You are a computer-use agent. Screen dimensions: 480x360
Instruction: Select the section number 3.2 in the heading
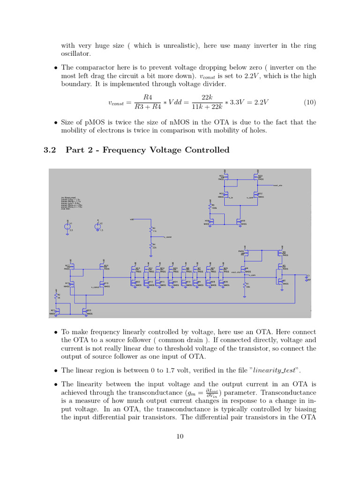pyautogui.click(x=50, y=150)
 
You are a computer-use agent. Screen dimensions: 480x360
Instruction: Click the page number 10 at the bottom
pyautogui.click(x=180, y=436)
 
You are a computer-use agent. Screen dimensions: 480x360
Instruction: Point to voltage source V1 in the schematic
pyautogui.click(x=67, y=226)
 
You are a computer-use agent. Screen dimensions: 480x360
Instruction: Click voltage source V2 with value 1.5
pyautogui.click(x=97, y=226)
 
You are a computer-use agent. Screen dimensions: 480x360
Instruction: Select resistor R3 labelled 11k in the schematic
pyautogui.click(x=151, y=229)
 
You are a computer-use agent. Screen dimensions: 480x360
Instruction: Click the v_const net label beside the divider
pyautogui.click(x=167, y=237)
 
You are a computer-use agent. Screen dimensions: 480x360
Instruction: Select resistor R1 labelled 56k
pyautogui.click(x=245, y=285)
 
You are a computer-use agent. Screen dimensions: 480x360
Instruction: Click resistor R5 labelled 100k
pyautogui.click(x=211, y=206)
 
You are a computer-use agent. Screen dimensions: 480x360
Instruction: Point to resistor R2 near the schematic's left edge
pyautogui.click(x=56, y=296)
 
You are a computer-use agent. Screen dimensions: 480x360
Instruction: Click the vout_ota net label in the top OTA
pyautogui.click(x=277, y=186)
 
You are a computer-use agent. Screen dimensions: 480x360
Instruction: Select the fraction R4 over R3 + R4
pyautogui.click(x=148, y=102)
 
